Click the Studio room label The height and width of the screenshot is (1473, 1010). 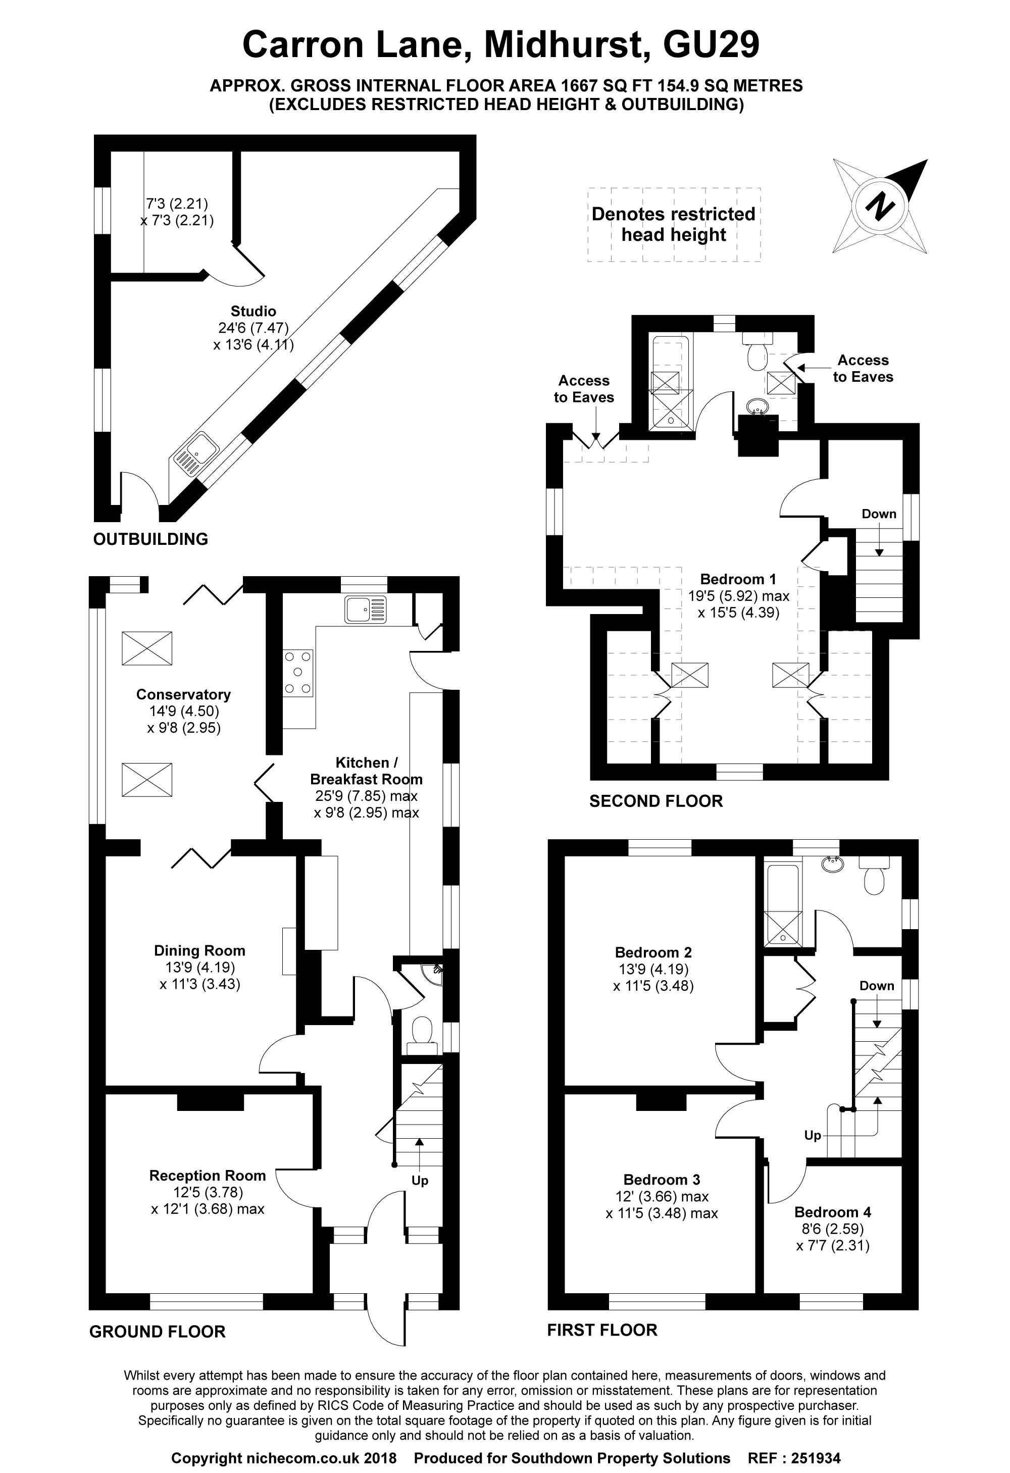tap(253, 311)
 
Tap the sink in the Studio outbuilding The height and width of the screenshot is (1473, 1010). tap(194, 451)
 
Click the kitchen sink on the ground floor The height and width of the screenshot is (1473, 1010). tap(365, 609)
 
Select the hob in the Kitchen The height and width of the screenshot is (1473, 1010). tap(298, 673)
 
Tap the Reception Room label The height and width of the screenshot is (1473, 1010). tap(208, 1175)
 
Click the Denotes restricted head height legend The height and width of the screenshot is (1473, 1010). tap(673, 224)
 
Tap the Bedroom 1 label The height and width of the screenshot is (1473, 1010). tap(738, 579)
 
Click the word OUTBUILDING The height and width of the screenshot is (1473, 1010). tap(150, 539)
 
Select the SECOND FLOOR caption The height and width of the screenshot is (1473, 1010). tap(655, 801)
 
